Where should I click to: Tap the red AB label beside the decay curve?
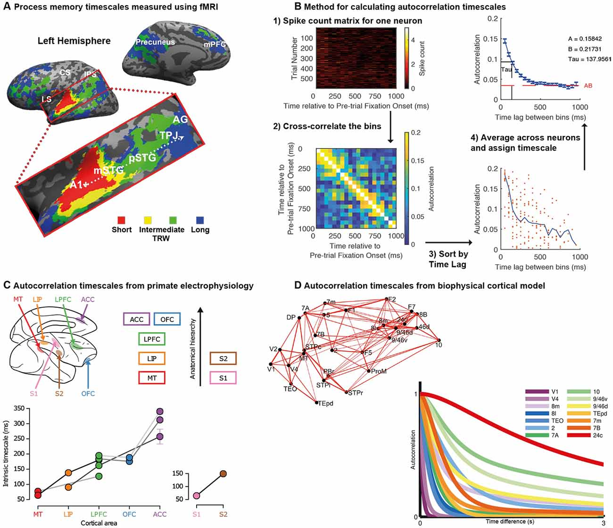588,86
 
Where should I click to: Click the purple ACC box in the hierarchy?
136,319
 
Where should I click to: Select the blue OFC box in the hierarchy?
167,319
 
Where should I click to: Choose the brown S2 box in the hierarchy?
223,359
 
